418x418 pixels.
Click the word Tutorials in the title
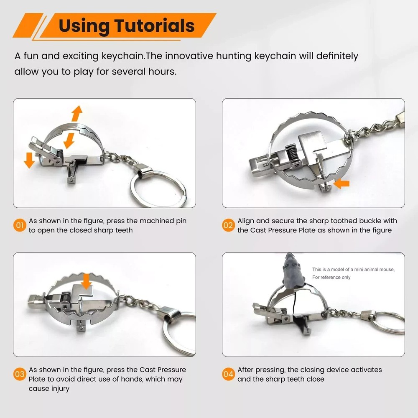pyautogui.click(x=155, y=25)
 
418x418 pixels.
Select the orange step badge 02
pyautogui.click(x=228, y=226)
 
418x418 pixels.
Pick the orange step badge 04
pyautogui.click(x=228, y=375)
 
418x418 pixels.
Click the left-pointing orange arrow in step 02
pyautogui.click(x=342, y=184)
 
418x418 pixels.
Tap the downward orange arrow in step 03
pyautogui.click(x=87, y=281)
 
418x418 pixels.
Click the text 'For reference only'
pyautogui.click(x=331, y=277)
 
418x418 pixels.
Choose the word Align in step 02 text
pyautogui.click(x=246, y=221)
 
